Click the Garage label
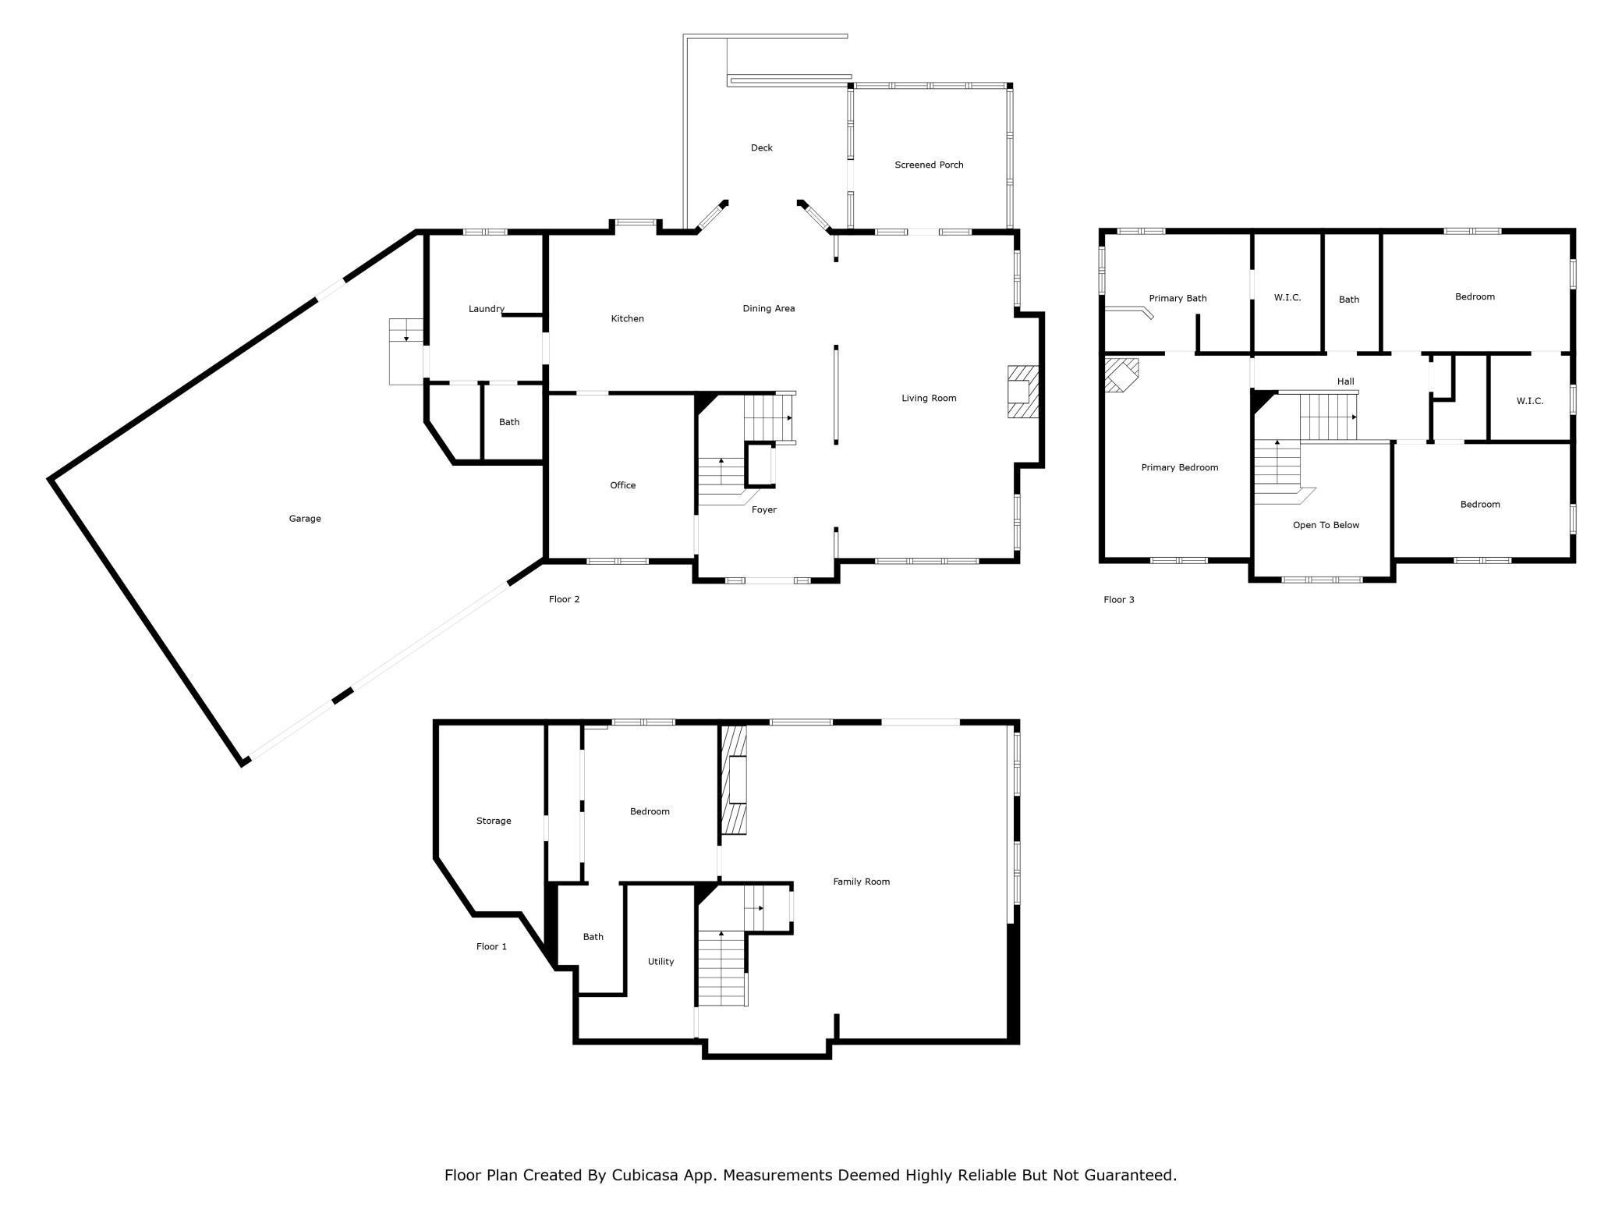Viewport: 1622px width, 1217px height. pos(305,519)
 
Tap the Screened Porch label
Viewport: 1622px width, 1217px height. pos(929,165)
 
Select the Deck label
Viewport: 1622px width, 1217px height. pos(762,147)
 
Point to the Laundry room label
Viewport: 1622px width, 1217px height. pos(487,309)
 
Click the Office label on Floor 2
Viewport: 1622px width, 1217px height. pos(623,485)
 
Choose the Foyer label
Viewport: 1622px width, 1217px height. pos(764,510)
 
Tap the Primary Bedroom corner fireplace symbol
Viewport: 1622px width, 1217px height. pos(1121,374)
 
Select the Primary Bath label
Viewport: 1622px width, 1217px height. pos(1178,299)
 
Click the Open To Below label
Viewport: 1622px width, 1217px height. pos(1326,525)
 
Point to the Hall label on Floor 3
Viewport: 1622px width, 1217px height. pos(1346,381)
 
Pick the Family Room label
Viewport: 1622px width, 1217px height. pos(861,882)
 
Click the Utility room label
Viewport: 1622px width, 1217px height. pos(660,962)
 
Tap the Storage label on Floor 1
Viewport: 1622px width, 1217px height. pos(494,821)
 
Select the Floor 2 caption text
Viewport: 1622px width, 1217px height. pos(564,599)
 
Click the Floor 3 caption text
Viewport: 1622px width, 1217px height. pos(1119,600)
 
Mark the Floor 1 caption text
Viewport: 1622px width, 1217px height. pos(491,946)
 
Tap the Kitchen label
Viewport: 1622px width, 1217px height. pos(627,318)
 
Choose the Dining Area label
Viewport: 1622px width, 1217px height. pos(769,308)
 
